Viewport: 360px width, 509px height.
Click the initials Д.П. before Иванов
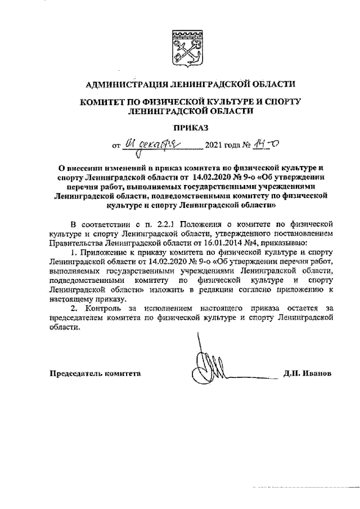click(293, 373)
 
